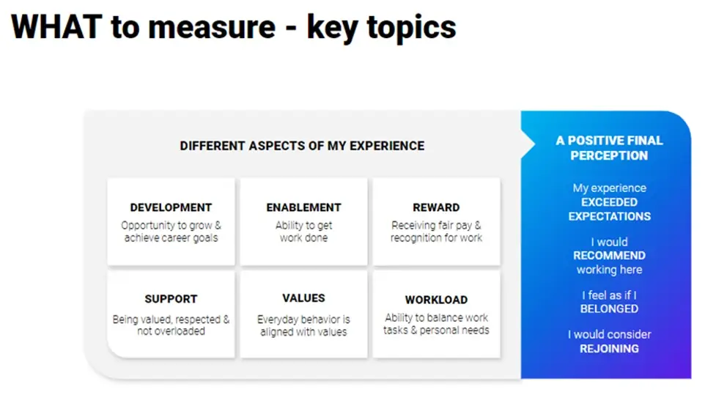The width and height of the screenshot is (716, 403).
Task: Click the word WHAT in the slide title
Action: [56, 27]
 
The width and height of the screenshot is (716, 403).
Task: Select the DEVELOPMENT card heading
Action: [171, 207]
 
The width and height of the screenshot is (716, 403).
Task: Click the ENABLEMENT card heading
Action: [303, 207]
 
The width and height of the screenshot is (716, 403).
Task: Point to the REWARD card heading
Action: [436, 207]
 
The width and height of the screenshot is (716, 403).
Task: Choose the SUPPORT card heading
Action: [171, 299]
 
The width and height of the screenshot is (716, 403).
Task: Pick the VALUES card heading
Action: [303, 298]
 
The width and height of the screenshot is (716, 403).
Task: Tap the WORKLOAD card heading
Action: [436, 300]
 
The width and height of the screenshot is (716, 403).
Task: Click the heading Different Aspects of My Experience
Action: [302, 146]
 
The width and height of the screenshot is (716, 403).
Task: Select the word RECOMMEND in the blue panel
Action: [609, 256]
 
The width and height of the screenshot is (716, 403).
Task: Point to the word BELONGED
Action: [609, 309]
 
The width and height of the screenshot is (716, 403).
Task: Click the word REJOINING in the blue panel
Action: [609, 349]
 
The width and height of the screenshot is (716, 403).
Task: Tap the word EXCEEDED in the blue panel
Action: [609, 202]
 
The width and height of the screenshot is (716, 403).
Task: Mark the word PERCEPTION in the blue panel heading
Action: [609, 155]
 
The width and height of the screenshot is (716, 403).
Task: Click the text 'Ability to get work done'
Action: [303, 232]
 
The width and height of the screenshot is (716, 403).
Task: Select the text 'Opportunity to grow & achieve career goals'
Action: [171, 232]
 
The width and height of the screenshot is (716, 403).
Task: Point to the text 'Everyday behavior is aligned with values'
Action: [303, 325]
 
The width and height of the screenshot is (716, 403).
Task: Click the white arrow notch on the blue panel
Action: [528, 144]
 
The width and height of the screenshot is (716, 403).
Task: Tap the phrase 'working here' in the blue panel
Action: [609, 270]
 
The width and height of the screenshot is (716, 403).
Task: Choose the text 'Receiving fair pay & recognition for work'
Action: [436, 232]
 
